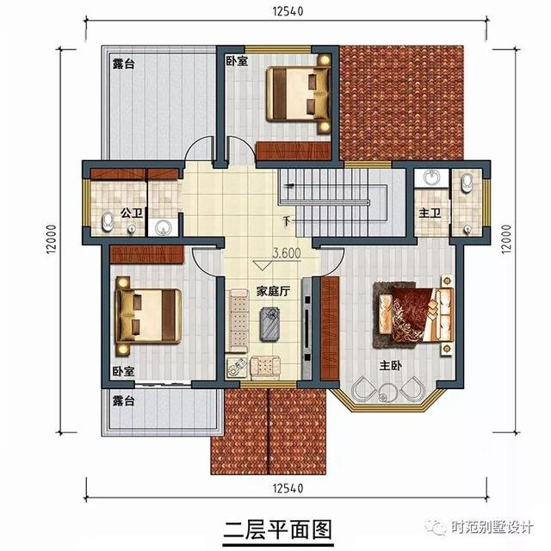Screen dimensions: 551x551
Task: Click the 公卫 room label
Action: (131, 213)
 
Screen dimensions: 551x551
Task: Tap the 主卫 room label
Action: (430, 213)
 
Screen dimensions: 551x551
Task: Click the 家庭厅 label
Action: (271, 291)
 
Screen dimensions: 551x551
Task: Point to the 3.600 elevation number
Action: (286, 254)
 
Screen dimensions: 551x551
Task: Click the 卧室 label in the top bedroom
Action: (237, 61)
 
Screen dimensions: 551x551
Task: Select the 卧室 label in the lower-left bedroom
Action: (122, 371)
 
